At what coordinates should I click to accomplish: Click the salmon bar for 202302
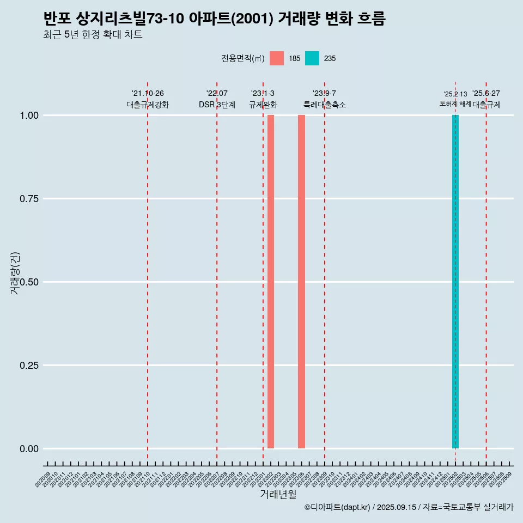tap(271, 282)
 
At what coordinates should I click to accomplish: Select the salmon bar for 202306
tap(301, 282)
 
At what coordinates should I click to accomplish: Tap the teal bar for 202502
tap(455, 282)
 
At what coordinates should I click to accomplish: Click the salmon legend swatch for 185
tap(277, 58)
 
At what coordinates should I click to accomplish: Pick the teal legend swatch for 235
tap(312, 58)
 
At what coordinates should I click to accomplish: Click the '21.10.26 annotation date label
tap(148, 94)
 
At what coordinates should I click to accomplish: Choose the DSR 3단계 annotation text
tap(217, 105)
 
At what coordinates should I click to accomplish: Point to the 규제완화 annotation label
tap(263, 105)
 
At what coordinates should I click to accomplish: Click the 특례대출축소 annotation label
tap(325, 105)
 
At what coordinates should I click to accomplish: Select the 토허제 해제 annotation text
tap(455, 104)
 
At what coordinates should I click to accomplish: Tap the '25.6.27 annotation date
tap(486, 94)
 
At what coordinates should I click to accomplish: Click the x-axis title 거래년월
tap(278, 495)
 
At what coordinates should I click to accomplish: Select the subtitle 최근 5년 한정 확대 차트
tap(93, 35)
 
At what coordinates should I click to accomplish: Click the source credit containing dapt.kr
tap(409, 507)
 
